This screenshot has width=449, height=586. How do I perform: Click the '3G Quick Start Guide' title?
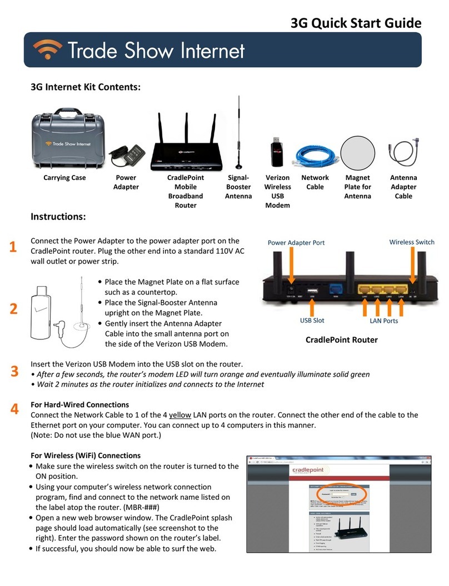click(x=356, y=23)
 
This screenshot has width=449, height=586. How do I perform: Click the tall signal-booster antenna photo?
click(x=240, y=133)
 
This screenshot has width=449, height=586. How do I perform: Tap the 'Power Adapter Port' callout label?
click(x=296, y=242)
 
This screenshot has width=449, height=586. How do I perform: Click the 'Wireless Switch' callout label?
click(x=411, y=242)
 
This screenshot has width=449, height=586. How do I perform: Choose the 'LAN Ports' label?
click(x=384, y=320)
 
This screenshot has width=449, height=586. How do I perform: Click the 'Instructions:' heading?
click(x=58, y=216)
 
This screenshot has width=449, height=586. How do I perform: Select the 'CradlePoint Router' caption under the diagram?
click(x=342, y=339)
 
